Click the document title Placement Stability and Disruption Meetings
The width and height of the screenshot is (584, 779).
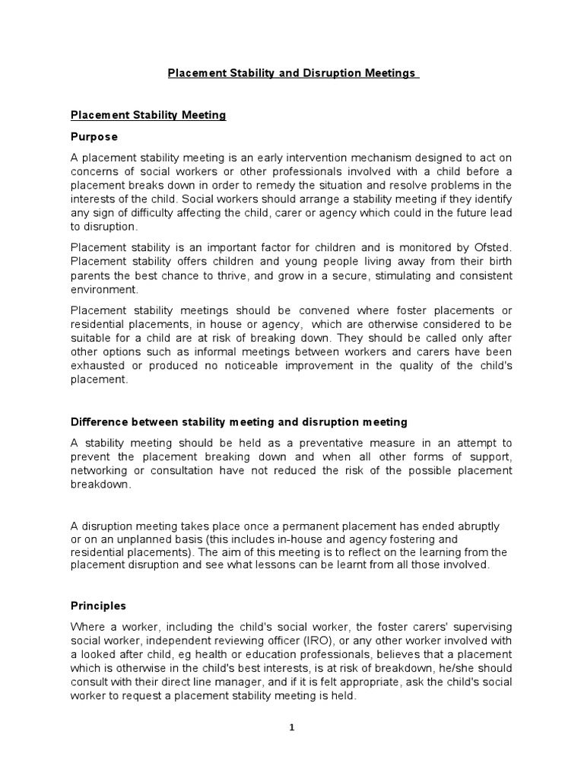click(293, 74)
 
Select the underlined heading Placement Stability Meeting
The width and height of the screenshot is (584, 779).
click(148, 116)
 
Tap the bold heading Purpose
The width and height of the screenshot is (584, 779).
click(94, 137)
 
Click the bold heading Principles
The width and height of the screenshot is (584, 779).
click(98, 606)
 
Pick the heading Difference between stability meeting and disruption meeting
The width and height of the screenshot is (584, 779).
click(239, 421)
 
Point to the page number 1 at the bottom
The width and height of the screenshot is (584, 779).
click(291, 727)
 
